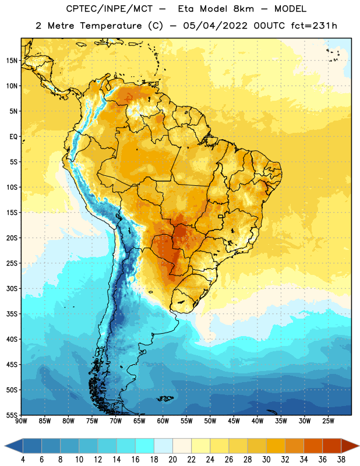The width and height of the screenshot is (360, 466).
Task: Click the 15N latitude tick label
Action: [x=12, y=61]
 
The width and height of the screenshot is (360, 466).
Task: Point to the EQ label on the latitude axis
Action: [x=13, y=137]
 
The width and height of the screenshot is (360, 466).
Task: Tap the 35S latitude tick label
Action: [x=12, y=314]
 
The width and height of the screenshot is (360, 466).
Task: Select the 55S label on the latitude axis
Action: [x=12, y=415]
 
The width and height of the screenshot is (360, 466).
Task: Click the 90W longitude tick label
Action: [x=21, y=421]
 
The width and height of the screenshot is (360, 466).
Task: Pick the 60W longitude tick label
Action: [x=163, y=421]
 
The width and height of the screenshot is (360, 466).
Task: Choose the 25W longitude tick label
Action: [x=328, y=421]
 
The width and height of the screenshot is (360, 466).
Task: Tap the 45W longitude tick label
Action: [x=234, y=421]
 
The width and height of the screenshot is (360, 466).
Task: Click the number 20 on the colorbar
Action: [x=172, y=460]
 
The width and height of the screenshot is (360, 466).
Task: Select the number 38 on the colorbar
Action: [x=341, y=460]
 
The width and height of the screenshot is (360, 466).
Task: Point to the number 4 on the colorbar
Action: [x=23, y=460]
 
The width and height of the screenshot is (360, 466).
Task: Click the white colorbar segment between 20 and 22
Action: [x=182, y=446]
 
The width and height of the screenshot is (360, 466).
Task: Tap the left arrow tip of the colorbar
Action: [x=5, y=446]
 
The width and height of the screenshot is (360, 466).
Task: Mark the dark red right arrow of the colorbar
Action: [x=350, y=446]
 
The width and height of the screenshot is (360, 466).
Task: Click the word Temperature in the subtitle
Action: [x=111, y=26]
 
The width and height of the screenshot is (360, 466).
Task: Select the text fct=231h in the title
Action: [x=314, y=26]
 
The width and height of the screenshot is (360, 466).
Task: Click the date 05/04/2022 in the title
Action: [x=215, y=26]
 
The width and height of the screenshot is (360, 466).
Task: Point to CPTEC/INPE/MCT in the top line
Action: [x=110, y=9]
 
